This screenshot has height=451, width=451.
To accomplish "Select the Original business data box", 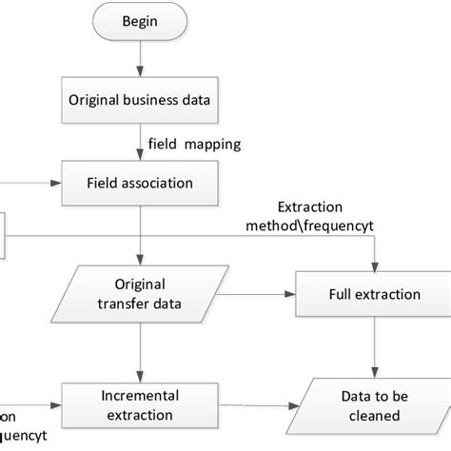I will point(140,99).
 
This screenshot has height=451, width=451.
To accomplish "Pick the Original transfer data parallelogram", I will point(140,294).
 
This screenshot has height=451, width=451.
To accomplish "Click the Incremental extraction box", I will point(140,404).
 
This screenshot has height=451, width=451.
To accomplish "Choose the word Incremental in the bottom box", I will point(140,394).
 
